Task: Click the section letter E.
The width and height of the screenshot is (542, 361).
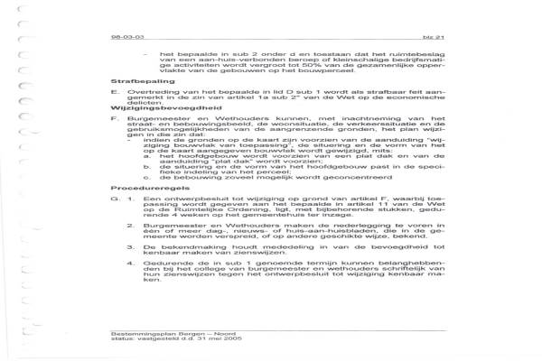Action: (x=111, y=116)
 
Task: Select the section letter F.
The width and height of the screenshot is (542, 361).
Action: (x=111, y=143)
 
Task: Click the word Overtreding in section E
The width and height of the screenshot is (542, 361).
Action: (x=148, y=116)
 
